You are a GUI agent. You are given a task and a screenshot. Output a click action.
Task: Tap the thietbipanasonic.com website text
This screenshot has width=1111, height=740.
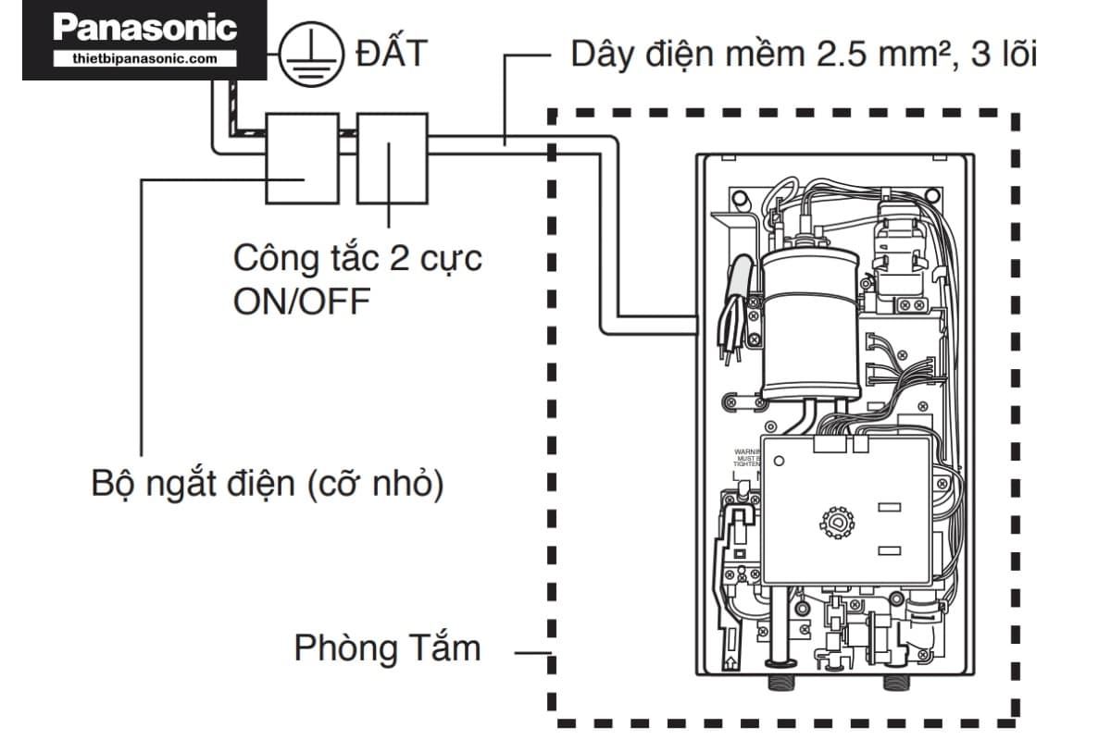[144, 58]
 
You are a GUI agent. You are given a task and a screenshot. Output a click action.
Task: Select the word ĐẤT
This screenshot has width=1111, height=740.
[390, 55]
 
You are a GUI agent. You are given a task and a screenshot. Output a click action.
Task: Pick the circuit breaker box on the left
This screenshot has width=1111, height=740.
[302, 158]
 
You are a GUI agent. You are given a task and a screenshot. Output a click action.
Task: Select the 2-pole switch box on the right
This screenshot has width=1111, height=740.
[392, 158]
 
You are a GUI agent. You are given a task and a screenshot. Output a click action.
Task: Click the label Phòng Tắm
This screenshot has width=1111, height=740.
[387, 647]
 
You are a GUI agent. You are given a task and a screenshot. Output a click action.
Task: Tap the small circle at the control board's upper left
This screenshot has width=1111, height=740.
[780, 460]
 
